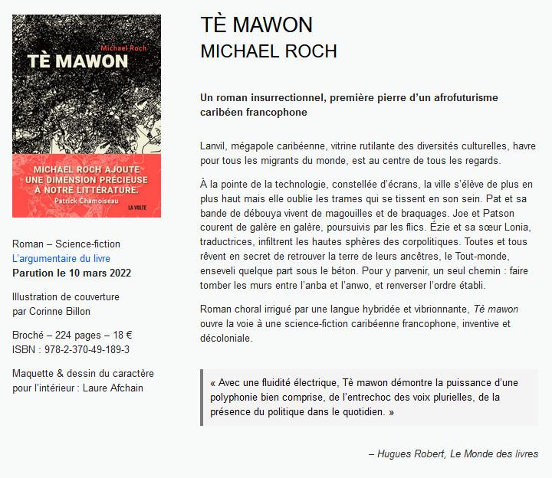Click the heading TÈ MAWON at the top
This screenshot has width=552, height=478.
256,25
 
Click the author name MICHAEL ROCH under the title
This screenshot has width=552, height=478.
268,51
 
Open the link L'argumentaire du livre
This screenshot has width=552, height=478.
61,259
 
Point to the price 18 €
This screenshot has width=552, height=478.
120,335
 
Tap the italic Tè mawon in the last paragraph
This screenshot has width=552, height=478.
495,309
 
